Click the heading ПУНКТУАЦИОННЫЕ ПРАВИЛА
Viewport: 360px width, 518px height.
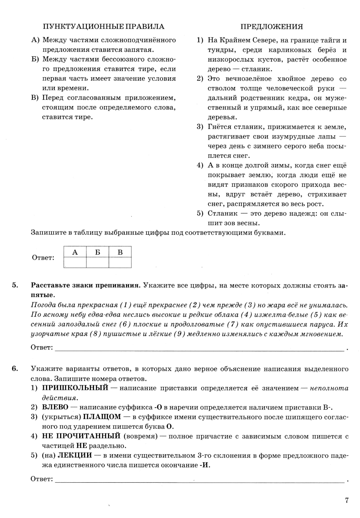(103, 27)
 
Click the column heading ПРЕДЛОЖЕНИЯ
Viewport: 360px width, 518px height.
(271, 27)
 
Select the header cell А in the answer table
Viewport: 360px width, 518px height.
(75, 252)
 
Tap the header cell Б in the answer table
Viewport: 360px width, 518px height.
(98, 252)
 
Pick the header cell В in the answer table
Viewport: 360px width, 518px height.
(120, 252)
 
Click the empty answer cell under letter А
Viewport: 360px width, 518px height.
(75, 262)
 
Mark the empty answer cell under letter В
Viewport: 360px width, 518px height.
(120, 262)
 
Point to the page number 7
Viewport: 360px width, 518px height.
(347, 500)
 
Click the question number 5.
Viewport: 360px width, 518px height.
(15, 285)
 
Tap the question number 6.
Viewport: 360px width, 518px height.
(15, 369)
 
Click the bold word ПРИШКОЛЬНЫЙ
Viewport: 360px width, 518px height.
(75, 388)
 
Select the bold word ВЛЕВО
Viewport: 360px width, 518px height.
(55, 407)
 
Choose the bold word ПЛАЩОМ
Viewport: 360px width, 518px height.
(102, 417)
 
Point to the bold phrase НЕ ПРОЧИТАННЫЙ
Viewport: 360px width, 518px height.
(81, 436)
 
